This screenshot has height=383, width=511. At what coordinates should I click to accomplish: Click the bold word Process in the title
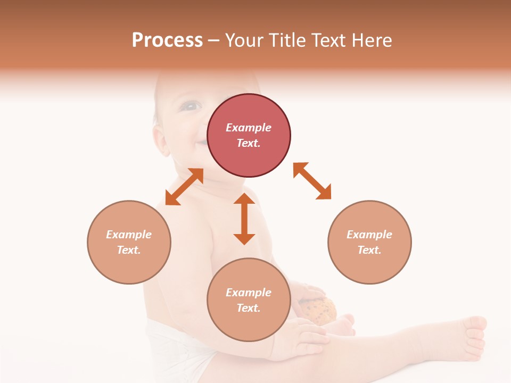167,40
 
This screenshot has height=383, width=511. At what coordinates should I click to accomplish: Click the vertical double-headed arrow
244,219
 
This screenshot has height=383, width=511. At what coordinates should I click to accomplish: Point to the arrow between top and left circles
184,187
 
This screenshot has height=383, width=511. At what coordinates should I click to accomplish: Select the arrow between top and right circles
312,181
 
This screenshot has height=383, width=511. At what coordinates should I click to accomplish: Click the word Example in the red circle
249,128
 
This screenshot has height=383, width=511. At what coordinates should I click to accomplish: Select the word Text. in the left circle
129,250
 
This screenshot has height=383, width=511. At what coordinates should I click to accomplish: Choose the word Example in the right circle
369,235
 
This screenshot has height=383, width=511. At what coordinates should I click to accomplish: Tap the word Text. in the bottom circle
249,308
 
